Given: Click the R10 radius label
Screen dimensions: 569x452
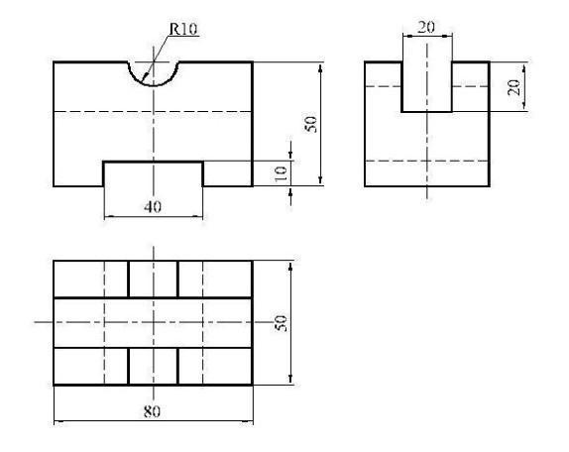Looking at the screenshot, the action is [x=183, y=29].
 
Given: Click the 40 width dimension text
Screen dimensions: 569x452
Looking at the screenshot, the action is [x=153, y=207].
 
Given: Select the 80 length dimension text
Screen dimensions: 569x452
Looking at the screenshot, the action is [x=152, y=411].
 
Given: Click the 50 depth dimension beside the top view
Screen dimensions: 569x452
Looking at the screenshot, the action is [x=281, y=323].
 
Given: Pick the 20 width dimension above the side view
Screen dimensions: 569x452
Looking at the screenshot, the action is [x=426, y=27].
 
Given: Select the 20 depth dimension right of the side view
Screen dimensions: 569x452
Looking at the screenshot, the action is [x=513, y=87].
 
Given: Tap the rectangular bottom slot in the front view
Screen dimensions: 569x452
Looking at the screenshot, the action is [x=154, y=162].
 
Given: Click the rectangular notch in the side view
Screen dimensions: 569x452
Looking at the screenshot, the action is [x=427, y=112].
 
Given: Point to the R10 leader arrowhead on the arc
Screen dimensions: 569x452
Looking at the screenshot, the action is [x=144, y=77].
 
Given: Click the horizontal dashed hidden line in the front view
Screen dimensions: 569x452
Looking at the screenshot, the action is [x=153, y=111].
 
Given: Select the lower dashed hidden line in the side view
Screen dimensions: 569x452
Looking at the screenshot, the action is [x=427, y=161].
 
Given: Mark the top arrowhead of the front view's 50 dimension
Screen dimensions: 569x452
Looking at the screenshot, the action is [x=320, y=67].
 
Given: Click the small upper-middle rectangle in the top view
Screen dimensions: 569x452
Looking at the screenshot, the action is [x=154, y=279].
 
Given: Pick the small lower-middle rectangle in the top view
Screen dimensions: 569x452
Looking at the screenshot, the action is [x=154, y=366].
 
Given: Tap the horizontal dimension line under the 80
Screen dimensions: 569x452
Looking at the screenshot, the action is [x=154, y=421].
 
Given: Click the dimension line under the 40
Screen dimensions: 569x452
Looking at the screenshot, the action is [x=154, y=216].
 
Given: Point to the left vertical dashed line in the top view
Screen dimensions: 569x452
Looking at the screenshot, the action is [x=104, y=322].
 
